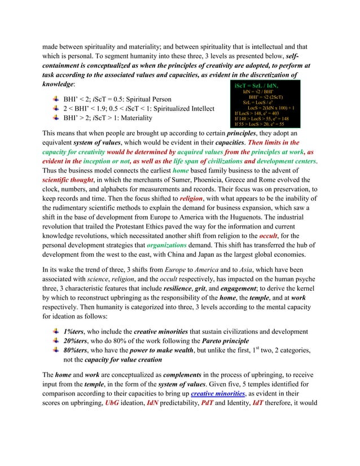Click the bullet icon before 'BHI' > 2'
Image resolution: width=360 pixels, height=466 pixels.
click(55, 117)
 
